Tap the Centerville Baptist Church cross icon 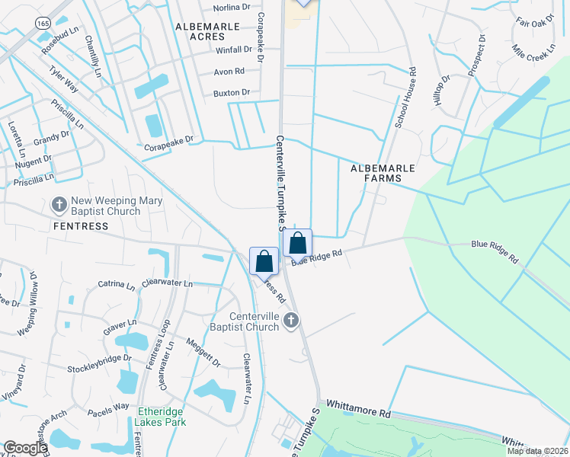pos(290,321)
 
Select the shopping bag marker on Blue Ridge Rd pos(298,244)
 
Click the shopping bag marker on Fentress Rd pos(264,260)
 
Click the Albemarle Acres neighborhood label pos(207,31)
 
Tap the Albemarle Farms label pos(376,172)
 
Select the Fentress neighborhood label pos(80,226)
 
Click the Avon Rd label pos(229,72)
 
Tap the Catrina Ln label pos(116,284)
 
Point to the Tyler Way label pos(64,78)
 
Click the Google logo pos(25,448)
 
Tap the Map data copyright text pos(538,451)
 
